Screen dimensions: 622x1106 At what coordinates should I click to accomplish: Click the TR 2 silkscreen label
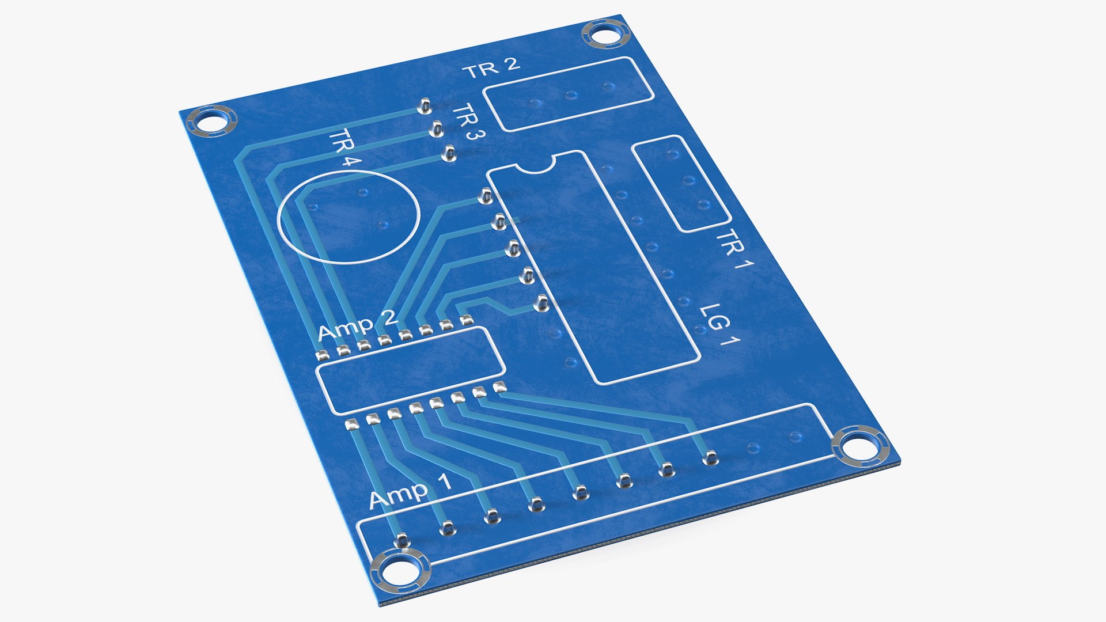click(491, 69)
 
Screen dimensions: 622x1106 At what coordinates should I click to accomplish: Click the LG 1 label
click(720, 325)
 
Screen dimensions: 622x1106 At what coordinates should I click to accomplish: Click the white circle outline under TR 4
click(347, 216)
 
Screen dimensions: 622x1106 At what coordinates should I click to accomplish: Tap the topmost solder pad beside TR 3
click(425, 106)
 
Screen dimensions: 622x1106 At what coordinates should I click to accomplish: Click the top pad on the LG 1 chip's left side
click(484, 198)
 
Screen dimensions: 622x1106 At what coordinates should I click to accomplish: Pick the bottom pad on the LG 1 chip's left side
click(540, 303)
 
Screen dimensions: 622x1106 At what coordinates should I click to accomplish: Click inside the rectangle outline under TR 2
click(569, 93)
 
